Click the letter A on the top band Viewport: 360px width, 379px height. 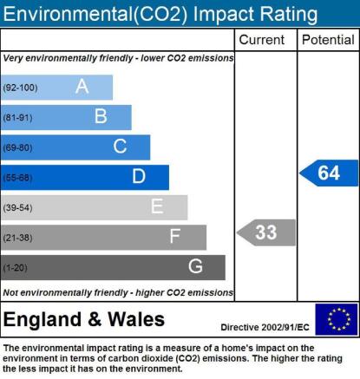pos(82,86)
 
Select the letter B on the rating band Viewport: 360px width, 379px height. pos(101,116)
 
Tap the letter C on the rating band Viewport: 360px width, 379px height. pos(120,146)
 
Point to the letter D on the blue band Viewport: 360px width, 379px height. pos(139,176)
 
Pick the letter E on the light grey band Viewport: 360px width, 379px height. pos(157,206)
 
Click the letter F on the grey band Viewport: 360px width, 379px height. pos(175,236)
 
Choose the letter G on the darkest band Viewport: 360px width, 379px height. pos(195,266)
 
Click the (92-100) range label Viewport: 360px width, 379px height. pos(20,88)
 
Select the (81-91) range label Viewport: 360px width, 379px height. pos(17,118)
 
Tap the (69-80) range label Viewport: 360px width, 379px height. pos(17,147)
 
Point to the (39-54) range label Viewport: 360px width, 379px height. pos(17,207)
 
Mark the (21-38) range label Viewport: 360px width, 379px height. pos(17,238)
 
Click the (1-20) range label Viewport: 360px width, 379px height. pos(15,268)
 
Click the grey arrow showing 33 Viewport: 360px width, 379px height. pos(266,232)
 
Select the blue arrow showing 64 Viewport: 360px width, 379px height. pos(329,173)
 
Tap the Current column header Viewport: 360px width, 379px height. pos(262,40)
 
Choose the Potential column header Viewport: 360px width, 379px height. pos(328,40)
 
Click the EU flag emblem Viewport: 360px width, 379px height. pos(337,319)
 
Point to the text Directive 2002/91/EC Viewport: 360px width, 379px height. pos(265,327)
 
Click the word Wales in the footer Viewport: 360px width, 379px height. pos(136,319)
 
